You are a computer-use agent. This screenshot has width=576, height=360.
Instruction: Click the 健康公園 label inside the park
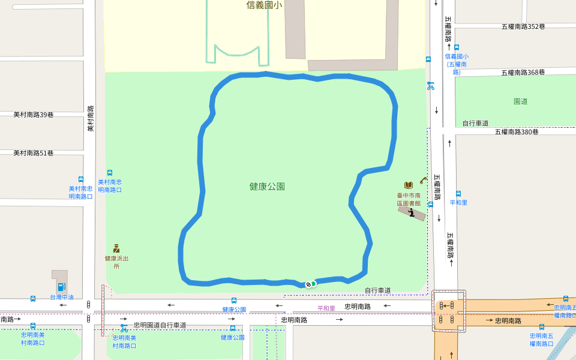pyautogui.click(x=267, y=187)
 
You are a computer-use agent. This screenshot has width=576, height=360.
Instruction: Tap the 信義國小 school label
pyautogui.click(x=264, y=5)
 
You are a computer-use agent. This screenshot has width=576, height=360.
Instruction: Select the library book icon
pyautogui.click(x=409, y=185)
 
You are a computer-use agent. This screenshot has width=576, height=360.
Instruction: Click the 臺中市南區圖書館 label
pyautogui.click(x=409, y=199)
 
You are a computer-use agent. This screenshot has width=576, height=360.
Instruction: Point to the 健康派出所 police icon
pyautogui.click(x=116, y=248)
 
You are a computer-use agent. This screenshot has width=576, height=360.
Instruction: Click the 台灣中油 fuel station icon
pyautogui.click(x=61, y=287)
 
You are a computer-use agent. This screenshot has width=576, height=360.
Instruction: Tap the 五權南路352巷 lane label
pyautogui.click(x=523, y=26)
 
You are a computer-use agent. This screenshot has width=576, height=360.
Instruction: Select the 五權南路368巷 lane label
pyautogui.click(x=523, y=73)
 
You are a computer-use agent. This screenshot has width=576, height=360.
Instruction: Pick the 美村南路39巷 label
pyautogui.click(x=34, y=115)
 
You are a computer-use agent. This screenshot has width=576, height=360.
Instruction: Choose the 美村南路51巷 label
pyautogui.click(x=34, y=154)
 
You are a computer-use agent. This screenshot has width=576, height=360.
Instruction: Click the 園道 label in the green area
pyautogui.click(x=521, y=101)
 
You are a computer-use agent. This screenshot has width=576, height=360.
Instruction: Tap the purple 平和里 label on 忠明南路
pyautogui.click(x=326, y=308)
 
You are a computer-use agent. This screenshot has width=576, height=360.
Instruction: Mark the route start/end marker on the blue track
pyautogui.click(x=310, y=284)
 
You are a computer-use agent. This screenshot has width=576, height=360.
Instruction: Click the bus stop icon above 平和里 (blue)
pyautogui.click(x=458, y=194)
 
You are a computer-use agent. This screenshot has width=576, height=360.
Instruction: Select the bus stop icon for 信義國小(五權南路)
pyautogui.click(x=457, y=47)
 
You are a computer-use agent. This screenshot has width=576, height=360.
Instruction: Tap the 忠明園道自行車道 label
pyautogui.click(x=160, y=325)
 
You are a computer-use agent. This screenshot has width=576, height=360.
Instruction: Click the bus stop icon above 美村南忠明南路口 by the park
pyautogui.click(x=110, y=173)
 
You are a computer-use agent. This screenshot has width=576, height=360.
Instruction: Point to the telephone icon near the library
pyautogui.click(x=423, y=179)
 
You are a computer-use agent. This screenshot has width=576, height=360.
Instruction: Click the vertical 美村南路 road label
pyautogui.click(x=91, y=119)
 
